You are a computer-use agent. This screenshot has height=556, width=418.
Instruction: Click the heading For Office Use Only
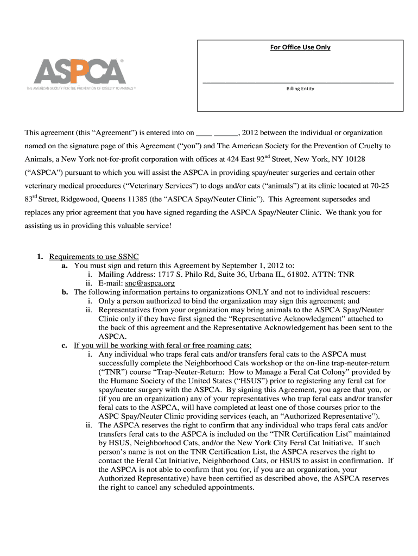click(300, 47)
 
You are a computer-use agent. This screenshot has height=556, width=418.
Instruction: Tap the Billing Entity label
click(300, 89)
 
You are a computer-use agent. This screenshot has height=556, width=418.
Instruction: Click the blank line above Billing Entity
click(297, 81)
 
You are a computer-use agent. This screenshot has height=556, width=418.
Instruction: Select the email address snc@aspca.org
click(150, 283)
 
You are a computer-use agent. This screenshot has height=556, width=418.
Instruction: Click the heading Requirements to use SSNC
click(97, 257)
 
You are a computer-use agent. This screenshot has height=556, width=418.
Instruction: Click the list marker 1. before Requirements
click(40, 257)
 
